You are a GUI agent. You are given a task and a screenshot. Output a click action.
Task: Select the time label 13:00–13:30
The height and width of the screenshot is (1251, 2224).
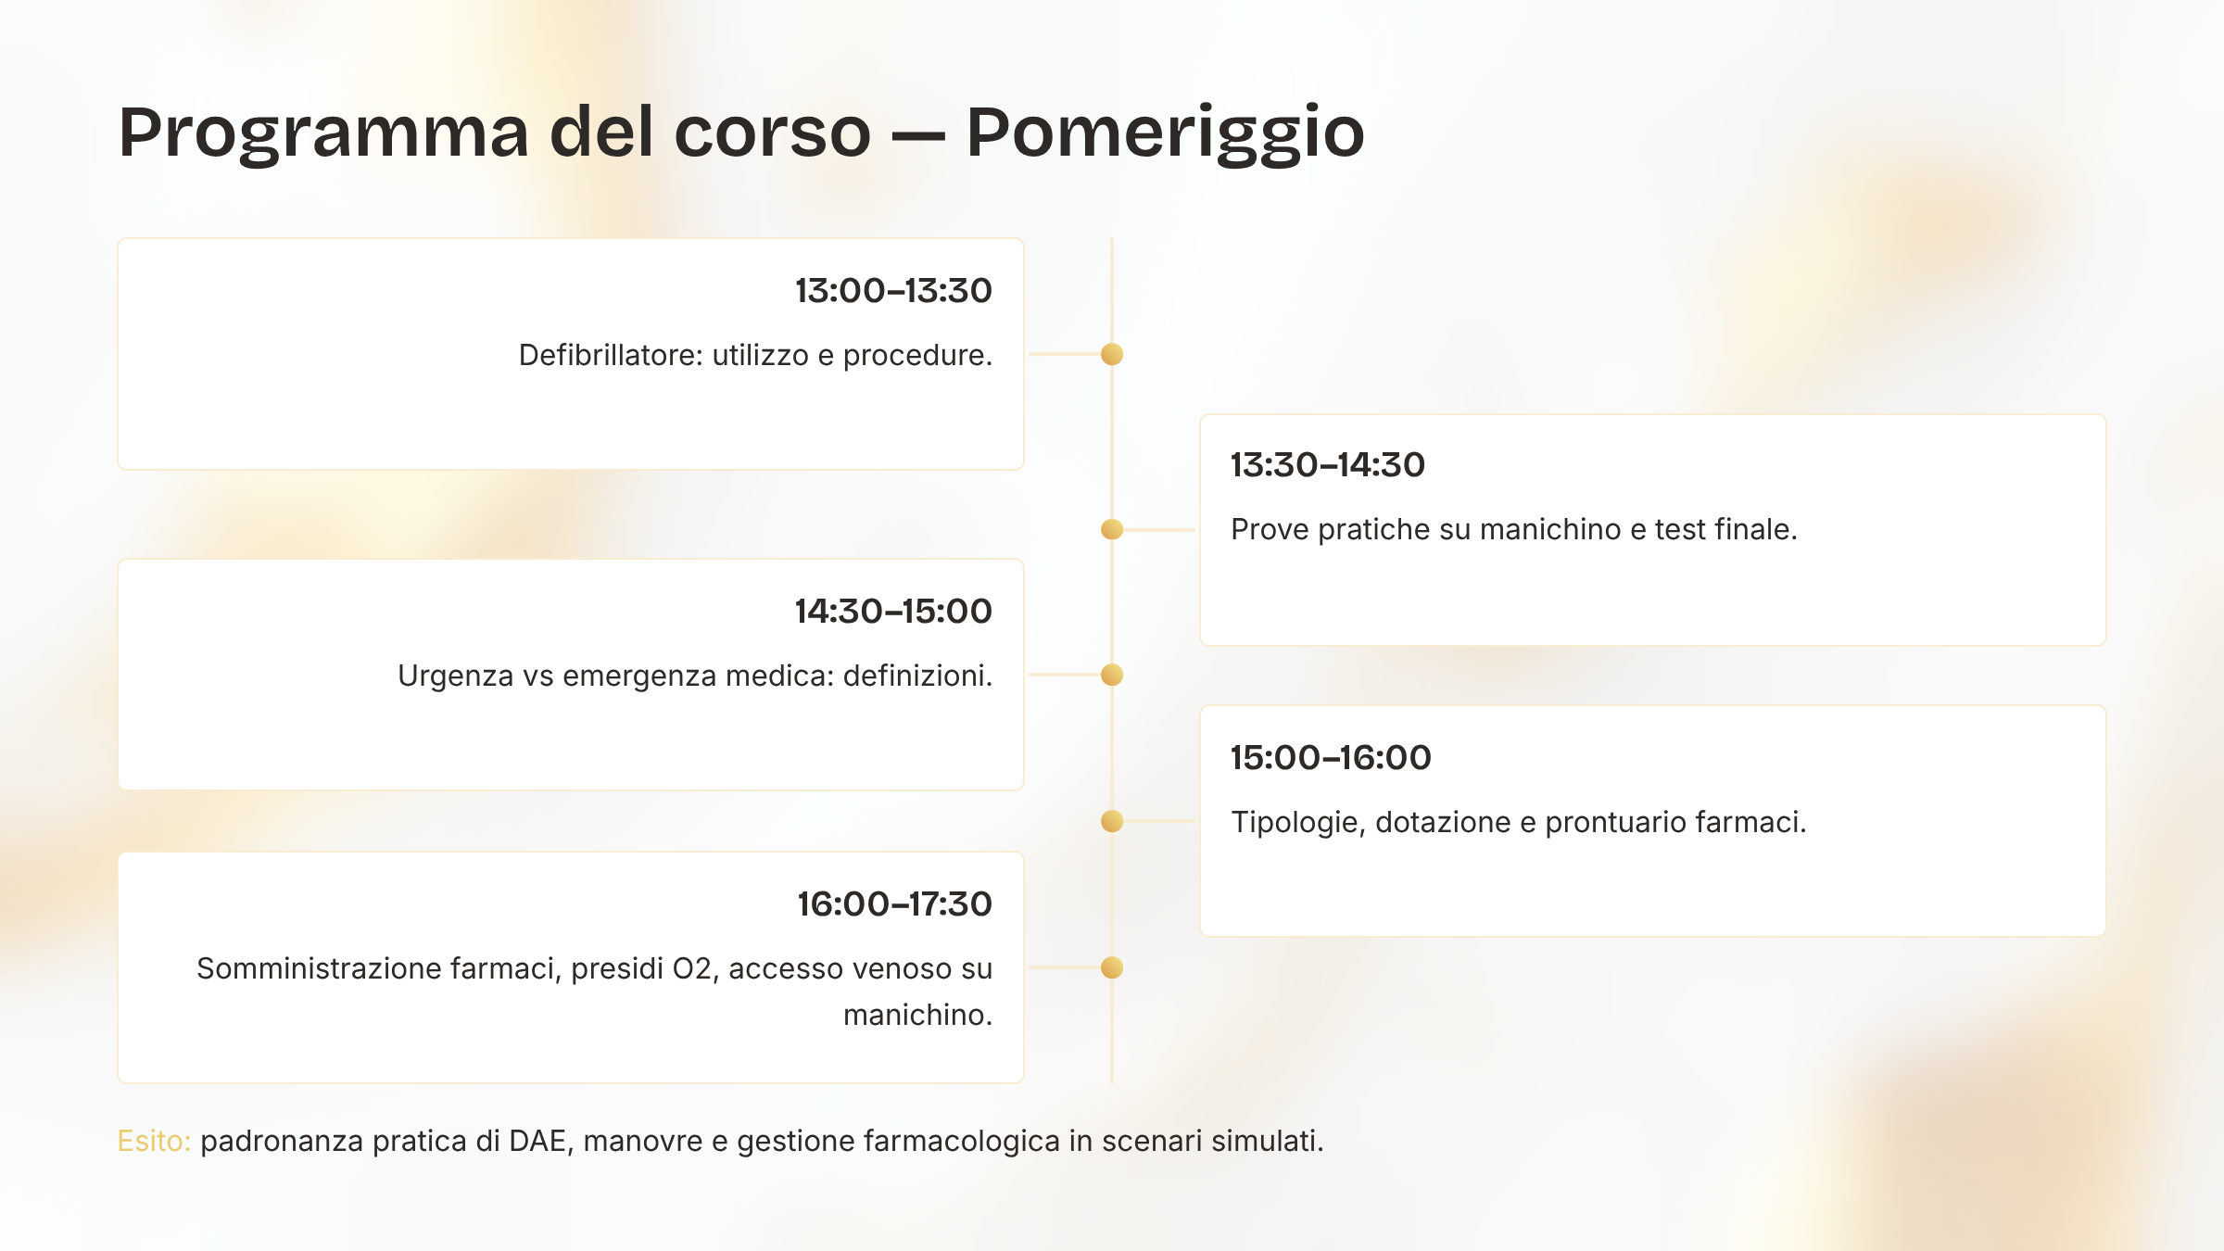pos(893,291)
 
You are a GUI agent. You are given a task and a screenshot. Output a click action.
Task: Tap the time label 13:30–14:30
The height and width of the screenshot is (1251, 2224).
pos(1328,465)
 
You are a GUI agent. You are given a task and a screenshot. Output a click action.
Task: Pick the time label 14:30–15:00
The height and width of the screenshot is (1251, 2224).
pos(893,612)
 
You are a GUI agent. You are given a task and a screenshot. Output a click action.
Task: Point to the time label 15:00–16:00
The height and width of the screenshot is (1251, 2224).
pos(1331,758)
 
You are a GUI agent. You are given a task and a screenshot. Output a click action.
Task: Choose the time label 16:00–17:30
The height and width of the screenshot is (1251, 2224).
pos(894,904)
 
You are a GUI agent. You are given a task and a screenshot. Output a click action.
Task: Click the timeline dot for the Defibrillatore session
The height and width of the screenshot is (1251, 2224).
pos(1112,354)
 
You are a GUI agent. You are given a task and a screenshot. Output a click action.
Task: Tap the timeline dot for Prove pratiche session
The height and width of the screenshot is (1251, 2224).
pos(1112,529)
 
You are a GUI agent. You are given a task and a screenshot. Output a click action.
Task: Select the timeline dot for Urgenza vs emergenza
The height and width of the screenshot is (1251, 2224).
pos(1112,675)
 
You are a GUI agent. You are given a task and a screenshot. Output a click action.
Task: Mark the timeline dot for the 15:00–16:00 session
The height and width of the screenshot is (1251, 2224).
pos(1112,821)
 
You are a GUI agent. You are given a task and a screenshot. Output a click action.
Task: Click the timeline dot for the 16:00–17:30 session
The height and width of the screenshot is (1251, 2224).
pos(1112,967)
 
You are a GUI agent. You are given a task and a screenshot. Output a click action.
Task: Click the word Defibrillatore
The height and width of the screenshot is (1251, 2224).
pos(611,355)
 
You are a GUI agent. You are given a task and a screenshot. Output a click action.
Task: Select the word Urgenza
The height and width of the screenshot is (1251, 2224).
pos(455,676)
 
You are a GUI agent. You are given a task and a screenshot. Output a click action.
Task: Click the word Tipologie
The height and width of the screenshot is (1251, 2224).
pos(1298,823)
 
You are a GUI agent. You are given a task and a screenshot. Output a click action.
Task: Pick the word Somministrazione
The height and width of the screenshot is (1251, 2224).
pos(319,968)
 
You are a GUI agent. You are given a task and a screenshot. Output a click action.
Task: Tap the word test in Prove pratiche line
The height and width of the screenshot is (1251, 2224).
pos(1680,530)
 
